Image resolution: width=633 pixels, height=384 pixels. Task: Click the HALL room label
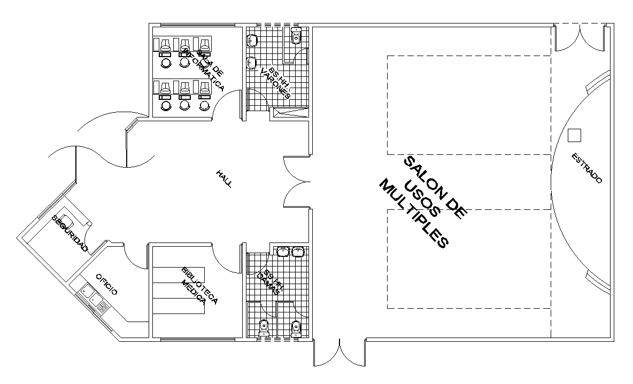point(224,178)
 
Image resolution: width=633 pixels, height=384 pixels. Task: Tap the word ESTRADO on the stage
point(586,168)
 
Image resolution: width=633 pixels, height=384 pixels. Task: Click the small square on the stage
point(574,136)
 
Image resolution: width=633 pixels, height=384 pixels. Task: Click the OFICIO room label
point(106,284)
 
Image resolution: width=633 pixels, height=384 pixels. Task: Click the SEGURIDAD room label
point(70,233)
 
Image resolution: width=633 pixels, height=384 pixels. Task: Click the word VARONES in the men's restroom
point(275,84)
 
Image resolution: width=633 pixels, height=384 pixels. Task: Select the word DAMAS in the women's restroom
point(268,284)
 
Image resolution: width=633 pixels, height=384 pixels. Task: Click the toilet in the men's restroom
point(296,37)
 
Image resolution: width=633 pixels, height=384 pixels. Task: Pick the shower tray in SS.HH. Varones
point(290,112)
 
